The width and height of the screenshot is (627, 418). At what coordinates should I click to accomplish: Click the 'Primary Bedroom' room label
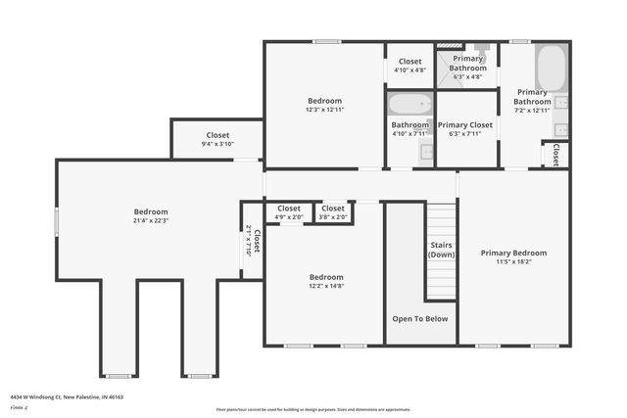pos(513,253)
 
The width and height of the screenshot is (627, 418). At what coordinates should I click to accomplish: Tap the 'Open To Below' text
pos(420,318)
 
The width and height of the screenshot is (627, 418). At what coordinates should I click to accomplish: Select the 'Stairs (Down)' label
pos(441,250)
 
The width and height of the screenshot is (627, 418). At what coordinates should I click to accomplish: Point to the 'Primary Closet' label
pos(465,125)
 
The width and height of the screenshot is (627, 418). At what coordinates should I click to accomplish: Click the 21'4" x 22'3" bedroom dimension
pos(152,220)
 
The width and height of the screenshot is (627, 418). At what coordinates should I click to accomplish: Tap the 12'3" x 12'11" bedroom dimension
pos(325,110)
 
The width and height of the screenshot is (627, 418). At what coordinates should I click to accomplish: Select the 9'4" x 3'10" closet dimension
pos(217,144)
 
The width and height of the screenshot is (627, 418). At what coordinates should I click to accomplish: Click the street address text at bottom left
pos(67,397)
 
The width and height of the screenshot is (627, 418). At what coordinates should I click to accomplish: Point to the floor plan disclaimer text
pos(313,409)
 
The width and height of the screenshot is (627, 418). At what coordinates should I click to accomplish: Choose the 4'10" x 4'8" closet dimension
pos(410,70)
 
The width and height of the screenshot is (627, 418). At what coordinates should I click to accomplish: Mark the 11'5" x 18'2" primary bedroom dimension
pos(513,262)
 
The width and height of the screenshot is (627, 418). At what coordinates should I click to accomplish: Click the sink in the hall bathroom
pos(427,150)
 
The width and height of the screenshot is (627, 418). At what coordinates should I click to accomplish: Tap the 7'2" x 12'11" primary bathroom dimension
pos(532,111)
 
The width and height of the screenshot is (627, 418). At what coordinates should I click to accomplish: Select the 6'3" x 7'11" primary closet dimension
pos(465,134)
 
